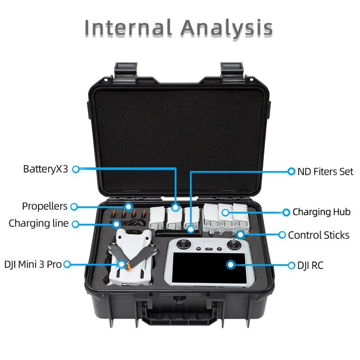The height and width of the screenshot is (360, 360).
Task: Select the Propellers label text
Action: coord(45,207)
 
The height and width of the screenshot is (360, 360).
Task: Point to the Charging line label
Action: coord(39,223)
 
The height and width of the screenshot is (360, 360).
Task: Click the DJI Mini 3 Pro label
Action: coord(33,264)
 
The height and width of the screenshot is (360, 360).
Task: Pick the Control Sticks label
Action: coord(319,235)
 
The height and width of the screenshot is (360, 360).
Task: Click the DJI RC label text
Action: coord(310,265)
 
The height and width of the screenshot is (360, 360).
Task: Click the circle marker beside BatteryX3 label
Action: coord(76,169)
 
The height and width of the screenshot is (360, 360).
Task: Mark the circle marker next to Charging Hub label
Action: coord(285,212)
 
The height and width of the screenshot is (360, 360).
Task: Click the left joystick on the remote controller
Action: coord(184,245)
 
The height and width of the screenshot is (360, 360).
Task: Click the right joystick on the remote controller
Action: coord(233,245)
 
